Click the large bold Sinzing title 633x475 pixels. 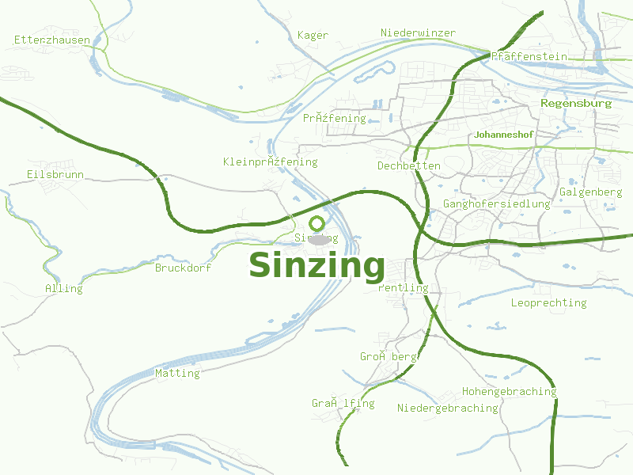click(316, 266)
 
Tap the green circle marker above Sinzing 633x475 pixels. click(317, 223)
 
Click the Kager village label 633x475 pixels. click(313, 35)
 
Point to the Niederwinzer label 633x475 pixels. click(418, 32)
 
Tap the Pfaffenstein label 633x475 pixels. click(529, 56)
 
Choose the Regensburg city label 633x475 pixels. click(576, 103)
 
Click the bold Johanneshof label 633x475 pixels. click(503, 135)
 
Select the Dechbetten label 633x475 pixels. click(409, 165)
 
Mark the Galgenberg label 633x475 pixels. click(590, 192)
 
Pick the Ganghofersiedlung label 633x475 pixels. click(496, 203)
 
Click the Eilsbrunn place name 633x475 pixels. click(55, 174)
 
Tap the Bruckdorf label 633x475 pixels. click(183, 268)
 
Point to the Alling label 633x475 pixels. click(64, 288)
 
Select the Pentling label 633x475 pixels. click(403, 287)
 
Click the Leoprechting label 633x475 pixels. click(548, 302)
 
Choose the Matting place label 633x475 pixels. click(177, 373)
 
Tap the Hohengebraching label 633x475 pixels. click(509, 391)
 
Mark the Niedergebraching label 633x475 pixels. click(447, 408)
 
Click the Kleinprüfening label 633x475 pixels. click(270, 161)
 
